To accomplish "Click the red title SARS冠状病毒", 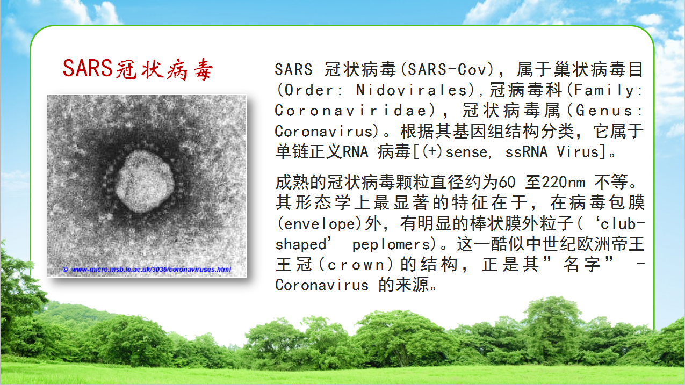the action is (x=138, y=69).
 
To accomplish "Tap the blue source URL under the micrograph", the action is (x=151, y=270).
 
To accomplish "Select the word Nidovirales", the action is (x=412, y=90).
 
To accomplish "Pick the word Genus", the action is (x=604, y=111).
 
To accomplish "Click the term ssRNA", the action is (x=527, y=152).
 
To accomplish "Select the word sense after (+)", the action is (x=466, y=152).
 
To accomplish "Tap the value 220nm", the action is (x=563, y=183).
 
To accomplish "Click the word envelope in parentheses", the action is (x=320, y=224).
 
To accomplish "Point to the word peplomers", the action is (x=392, y=245).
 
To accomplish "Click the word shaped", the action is (x=301, y=244).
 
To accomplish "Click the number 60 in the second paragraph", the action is (x=507, y=183).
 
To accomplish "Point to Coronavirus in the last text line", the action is (x=322, y=285).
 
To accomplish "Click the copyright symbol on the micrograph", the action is (x=65, y=270).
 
